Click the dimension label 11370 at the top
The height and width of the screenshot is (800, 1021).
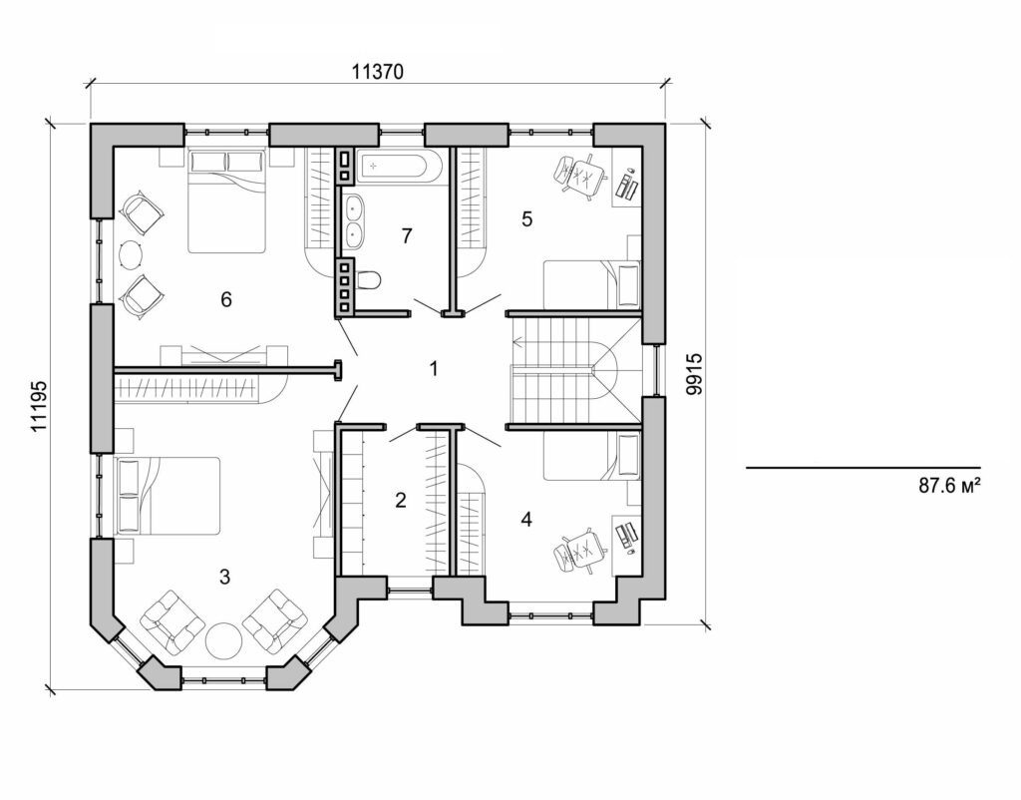point(378,73)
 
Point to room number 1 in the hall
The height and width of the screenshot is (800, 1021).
point(434,369)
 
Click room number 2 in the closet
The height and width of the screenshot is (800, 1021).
point(401,501)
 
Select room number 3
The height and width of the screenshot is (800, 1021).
point(225,577)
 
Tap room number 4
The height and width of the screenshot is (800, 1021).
point(525,519)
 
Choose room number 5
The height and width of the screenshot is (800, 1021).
point(527,219)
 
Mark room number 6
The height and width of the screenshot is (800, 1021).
point(226,299)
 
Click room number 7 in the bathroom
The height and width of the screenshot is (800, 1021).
point(405,236)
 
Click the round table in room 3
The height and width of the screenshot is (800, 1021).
point(224,639)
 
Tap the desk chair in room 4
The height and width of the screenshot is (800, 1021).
point(580,551)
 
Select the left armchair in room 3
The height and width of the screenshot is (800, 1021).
point(171,622)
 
